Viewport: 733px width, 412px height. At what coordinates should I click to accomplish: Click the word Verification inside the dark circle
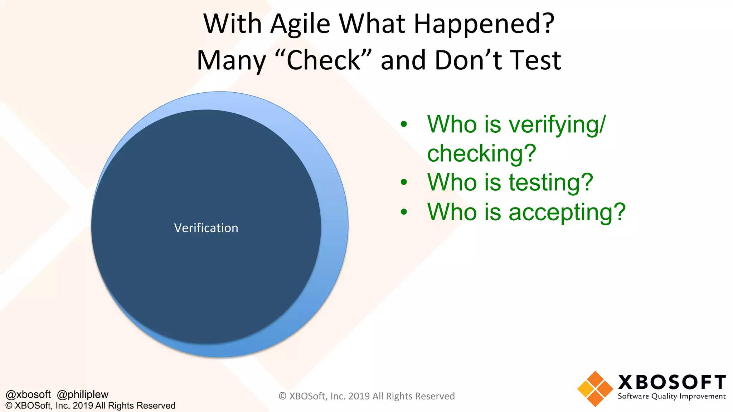[x=206, y=228]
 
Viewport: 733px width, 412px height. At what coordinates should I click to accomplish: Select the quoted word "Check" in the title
[x=324, y=60]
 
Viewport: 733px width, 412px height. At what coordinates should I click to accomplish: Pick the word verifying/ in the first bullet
[x=557, y=125]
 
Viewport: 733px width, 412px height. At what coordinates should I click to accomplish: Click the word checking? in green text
[x=481, y=153]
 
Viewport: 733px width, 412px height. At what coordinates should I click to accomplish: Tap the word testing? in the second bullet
[x=551, y=182]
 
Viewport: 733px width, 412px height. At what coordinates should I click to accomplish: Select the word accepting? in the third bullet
[x=567, y=212]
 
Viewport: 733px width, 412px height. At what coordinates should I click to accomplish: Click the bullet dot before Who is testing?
[x=404, y=182]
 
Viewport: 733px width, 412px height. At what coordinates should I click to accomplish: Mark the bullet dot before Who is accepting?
[x=404, y=212]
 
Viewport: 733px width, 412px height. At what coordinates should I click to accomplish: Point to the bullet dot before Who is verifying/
[x=404, y=124]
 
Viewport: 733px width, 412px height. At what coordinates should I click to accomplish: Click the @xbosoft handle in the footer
[x=28, y=394]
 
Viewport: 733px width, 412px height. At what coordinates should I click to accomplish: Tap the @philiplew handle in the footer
[x=83, y=394]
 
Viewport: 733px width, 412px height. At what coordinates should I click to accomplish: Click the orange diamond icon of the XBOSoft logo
[x=595, y=389]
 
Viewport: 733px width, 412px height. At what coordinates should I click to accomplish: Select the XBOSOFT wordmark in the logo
[x=672, y=382]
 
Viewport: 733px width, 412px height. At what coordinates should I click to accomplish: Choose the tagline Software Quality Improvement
[x=671, y=396]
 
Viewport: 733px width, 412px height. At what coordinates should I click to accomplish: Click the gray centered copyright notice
[x=366, y=396]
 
